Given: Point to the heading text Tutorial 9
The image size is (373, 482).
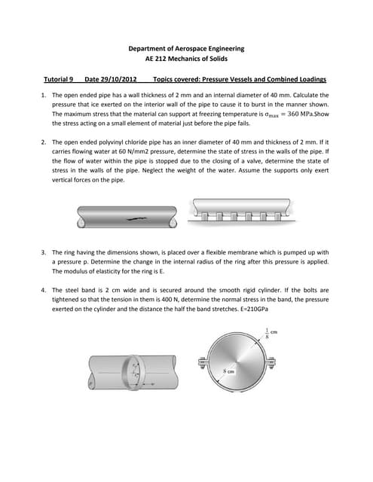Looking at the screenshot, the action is (x=59, y=79).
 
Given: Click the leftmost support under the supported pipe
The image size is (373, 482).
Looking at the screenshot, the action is (x=204, y=216).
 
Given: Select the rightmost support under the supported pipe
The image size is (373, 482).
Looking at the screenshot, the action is (x=277, y=216).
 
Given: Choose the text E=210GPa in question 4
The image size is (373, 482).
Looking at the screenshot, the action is (x=253, y=309).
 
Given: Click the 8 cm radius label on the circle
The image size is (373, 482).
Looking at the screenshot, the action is (x=229, y=371).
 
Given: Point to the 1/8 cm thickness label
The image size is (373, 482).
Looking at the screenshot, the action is (x=271, y=333).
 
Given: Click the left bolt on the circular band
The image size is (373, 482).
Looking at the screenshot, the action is (x=203, y=364).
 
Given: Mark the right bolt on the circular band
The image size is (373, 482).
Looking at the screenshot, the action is (x=271, y=364).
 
